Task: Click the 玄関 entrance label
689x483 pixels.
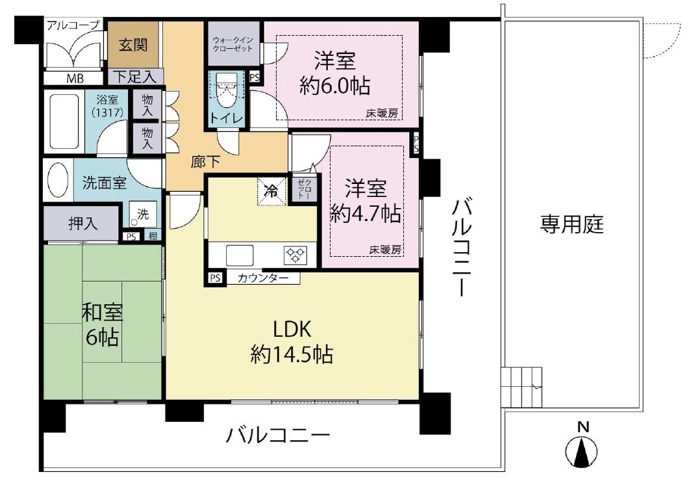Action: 133,45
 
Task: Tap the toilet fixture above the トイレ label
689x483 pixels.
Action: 226,90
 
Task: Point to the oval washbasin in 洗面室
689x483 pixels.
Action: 58,180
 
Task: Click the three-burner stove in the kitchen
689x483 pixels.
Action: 295,254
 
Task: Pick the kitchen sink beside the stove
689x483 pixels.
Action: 240,255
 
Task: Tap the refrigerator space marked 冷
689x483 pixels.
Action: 271,191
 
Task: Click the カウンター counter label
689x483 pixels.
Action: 263,278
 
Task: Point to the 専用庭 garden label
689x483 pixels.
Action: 571,224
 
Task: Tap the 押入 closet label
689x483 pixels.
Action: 82,224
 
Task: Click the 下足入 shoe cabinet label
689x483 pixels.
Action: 136,77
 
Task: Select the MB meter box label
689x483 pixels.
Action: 75,79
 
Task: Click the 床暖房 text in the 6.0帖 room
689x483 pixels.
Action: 382,114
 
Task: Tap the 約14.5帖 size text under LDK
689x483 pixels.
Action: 292,354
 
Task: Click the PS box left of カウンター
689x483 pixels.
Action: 215,278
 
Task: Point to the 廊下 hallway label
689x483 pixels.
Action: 205,163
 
